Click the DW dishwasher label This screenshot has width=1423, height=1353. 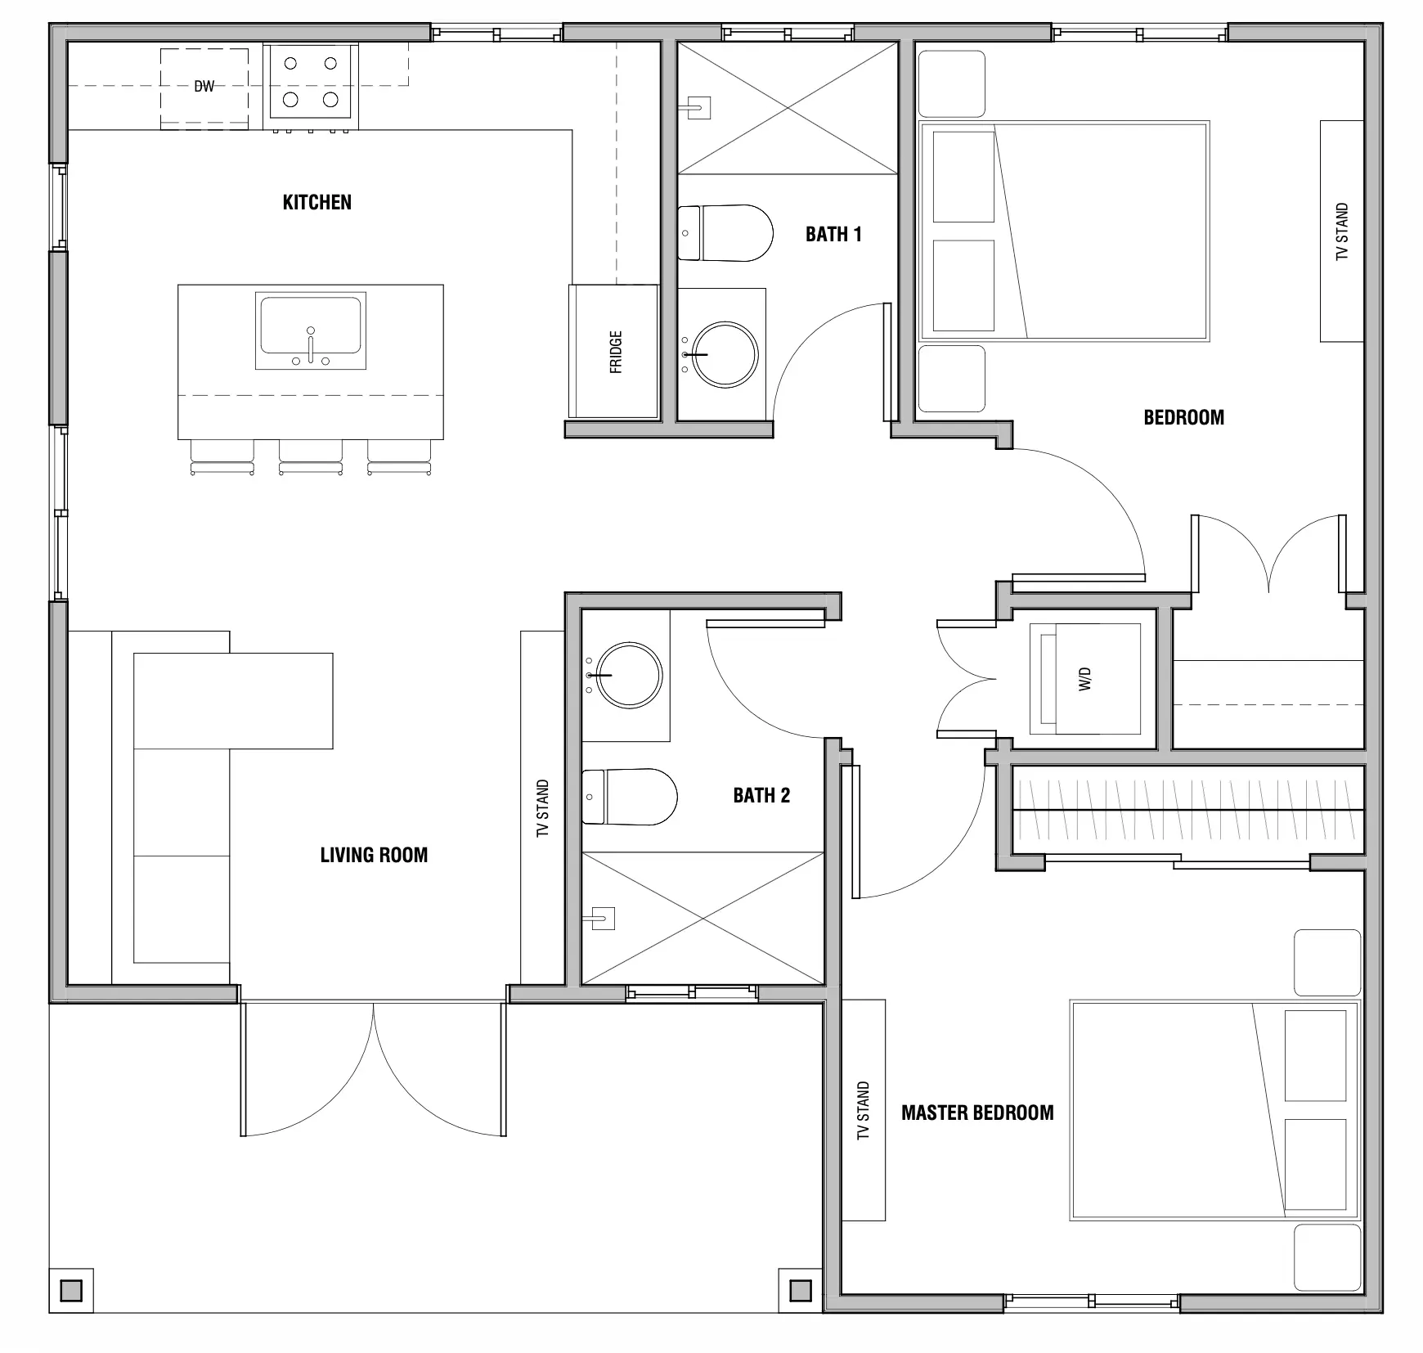pos(204,86)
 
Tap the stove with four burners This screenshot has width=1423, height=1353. pos(310,82)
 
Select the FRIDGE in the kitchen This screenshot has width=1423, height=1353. pos(614,352)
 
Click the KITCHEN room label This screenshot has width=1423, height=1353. pos(316,202)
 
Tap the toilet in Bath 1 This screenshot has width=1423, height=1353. pos(726,233)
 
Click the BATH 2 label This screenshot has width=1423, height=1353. pos(761,795)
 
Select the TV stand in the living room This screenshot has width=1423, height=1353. pos(542,807)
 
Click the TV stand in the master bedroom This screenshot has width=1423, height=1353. pos(864,1110)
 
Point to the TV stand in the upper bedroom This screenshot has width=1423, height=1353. pos(1341,231)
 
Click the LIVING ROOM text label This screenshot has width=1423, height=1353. pos(374,855)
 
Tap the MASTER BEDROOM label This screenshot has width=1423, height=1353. pos(977,1113)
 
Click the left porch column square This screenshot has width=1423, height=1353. pos(71,1291)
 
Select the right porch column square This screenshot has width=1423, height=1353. pos(800,1291)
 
